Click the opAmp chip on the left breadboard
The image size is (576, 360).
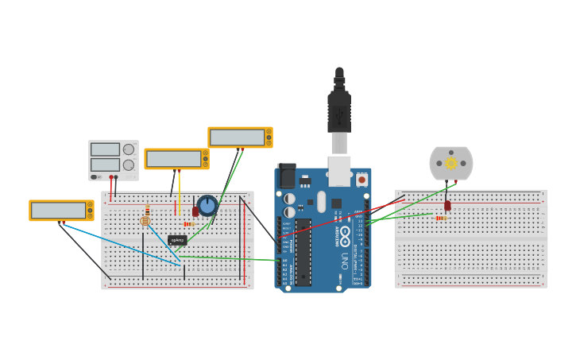coord(177,239)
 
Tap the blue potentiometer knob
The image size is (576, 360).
coord(207,205)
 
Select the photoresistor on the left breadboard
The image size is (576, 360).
coord(145,221)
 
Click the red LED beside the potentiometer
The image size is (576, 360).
coord(195,211)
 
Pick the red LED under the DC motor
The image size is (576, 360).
coord(447,205)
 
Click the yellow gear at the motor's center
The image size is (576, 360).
coord(451,163)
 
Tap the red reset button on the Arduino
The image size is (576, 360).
coord(361,180)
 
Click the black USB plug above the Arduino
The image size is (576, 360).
coord(339,111)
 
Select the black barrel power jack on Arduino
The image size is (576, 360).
coord(286,176)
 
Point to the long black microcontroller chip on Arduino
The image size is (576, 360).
coord(303,252)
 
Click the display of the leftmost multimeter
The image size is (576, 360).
coord(58,211)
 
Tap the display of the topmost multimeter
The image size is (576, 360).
coord(237,137)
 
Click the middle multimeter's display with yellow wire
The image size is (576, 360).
coord(173,159)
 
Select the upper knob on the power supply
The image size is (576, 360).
coord(129,149)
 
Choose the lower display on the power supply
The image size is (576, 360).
coord(105,165)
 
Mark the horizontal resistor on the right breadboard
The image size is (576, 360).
coord(440,217)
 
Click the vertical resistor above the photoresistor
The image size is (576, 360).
coord(147,211)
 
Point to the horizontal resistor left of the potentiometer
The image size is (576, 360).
coord(189,224)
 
